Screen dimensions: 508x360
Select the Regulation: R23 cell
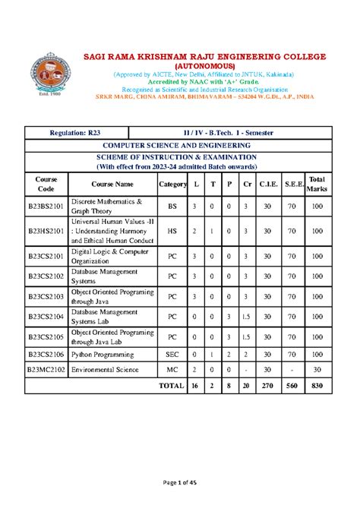[77, 133]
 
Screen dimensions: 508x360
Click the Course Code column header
[46, 183]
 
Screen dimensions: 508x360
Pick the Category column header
[172, 184]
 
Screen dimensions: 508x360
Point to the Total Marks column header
[316, 183]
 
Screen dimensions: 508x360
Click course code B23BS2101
[46, 207]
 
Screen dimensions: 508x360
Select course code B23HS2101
[46, 231]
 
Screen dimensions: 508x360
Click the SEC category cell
[172, 354]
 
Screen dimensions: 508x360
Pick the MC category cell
[172, 370]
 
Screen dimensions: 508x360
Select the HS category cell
[172, 231]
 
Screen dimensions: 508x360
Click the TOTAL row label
[171, 386]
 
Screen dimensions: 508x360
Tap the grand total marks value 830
[316, 386]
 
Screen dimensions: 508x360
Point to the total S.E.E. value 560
[291, 386]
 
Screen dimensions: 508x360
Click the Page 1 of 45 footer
[179, 484]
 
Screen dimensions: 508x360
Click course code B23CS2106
[46, 354]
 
